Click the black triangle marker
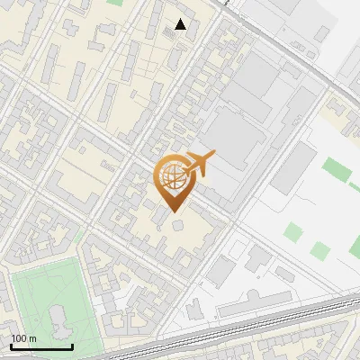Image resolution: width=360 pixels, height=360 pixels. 181,24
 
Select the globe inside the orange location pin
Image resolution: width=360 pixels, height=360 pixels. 170,177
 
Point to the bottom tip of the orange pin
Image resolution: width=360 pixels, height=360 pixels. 173,212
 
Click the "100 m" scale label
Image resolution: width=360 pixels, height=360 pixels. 23,338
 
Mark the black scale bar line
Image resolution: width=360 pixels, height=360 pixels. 41,346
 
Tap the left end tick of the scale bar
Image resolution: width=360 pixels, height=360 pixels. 11,346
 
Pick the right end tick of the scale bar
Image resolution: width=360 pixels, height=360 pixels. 72,346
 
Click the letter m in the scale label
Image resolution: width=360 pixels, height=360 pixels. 32,338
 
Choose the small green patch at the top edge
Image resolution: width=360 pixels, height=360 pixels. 114,3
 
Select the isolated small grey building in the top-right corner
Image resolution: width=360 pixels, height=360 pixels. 322,33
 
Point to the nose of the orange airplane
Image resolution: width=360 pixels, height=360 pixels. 214,155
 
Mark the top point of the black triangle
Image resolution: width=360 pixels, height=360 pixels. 181,19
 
